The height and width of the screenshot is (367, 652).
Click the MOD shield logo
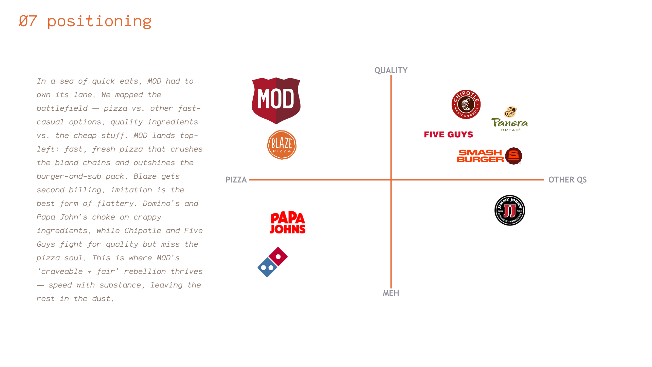[x=276, y=101]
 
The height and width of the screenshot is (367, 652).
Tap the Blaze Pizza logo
[x=282, y=145]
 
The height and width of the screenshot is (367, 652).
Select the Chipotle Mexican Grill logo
[x=466, y=104]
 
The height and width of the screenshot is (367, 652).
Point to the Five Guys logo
[x=448, y=135]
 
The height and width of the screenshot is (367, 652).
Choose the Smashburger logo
[x=489, y=156]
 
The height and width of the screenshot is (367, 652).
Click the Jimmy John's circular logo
[x=509, y=210]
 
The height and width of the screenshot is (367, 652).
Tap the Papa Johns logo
[x=288, y=223]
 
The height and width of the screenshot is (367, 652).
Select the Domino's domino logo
[x=272, y=262]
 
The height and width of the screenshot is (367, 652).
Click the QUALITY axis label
[x=391, y=70]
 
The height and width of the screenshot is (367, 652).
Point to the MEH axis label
[x=391, y=293]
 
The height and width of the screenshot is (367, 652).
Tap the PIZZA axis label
[x=236, y=180]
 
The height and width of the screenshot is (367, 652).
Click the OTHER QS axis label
[x=567, y=180]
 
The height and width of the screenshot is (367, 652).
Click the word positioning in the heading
[x=99, y=21]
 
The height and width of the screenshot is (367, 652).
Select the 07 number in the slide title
[x=28, y=21]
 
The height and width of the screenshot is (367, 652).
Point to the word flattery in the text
[x=115, y=204]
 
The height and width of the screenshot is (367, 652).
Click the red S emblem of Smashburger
[x=513, y=156]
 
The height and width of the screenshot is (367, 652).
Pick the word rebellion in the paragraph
[x=145, y=272]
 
